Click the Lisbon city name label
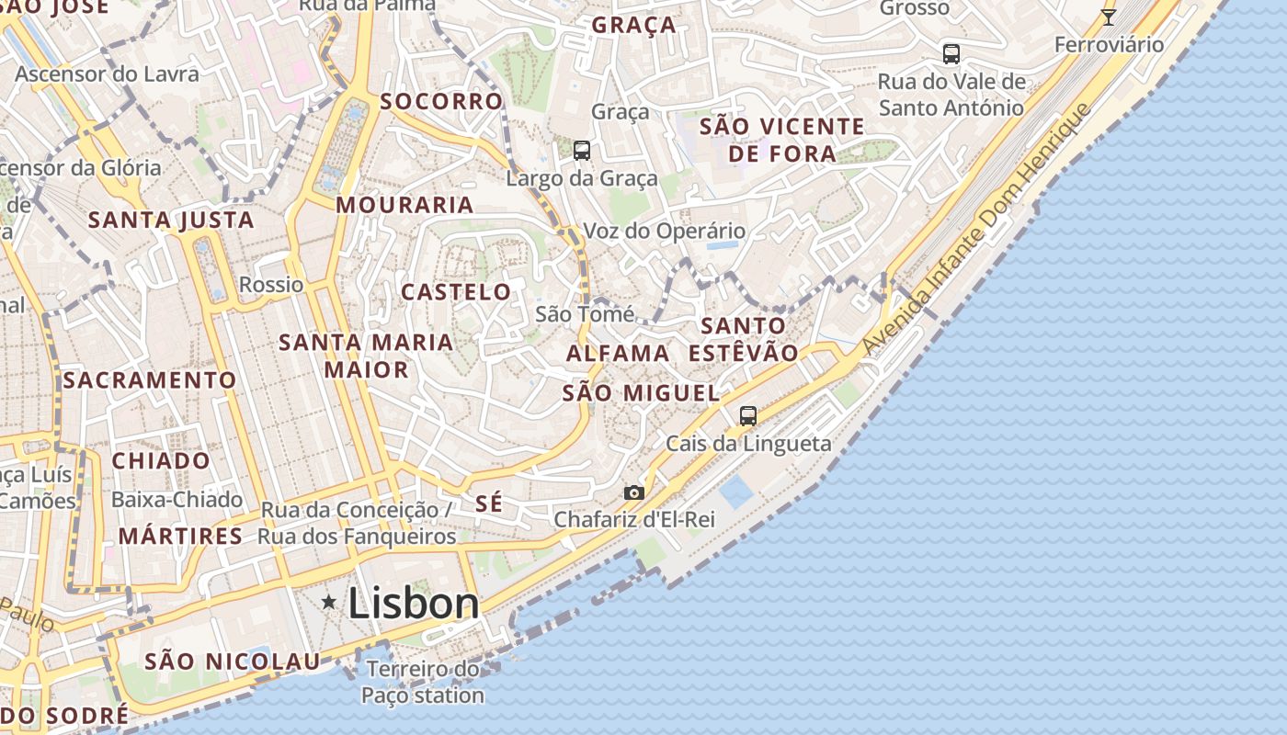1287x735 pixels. click(414, 604)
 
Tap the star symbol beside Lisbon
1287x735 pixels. click(328, 602)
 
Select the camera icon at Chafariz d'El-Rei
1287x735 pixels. click(634, 493)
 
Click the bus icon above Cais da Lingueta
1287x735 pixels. click(748, 416)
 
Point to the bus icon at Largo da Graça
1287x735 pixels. click(581, 151)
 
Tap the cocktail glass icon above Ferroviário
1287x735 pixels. click(1109, 17)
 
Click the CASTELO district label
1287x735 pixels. click(456, 292)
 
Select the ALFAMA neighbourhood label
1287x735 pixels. click(618, 353)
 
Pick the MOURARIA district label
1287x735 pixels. click(404, 205)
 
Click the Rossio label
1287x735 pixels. click(271, 285)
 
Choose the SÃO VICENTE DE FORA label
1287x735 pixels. click(782, 140)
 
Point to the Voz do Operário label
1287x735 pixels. click(664, 232)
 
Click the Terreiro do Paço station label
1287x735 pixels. click(423, 682)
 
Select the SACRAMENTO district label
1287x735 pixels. click(150, 379)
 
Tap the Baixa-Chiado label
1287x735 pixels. click(177, 500)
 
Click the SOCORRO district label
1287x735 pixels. click(442, 101)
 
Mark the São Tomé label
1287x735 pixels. click(585, 314)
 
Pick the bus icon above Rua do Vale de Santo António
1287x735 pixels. click(951, 54)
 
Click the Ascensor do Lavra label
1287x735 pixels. click(107, 73)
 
